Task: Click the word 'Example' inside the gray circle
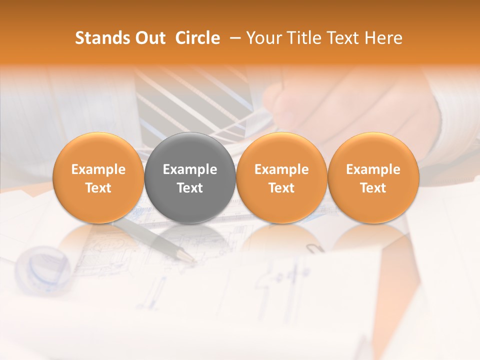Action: [190, 169]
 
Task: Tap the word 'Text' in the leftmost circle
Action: [98, 188]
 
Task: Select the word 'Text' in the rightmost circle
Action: [373, 188]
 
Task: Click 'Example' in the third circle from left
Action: [281, 169]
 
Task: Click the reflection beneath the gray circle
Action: [190, 237]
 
